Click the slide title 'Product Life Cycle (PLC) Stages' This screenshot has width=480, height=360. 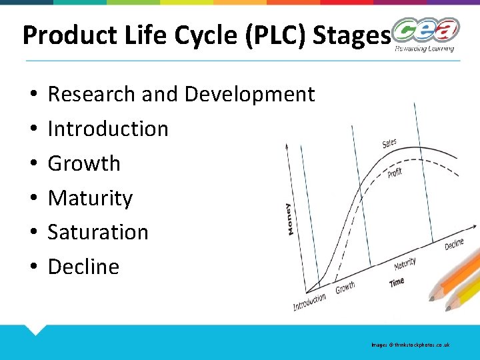(x=205, y=35)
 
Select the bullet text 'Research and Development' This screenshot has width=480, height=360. (x=181, y=95)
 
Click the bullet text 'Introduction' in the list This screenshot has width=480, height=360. (x=108, y=129)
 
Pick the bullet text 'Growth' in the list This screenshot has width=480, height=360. (x=84, y=163)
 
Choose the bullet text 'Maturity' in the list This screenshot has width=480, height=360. (x=90, y=198)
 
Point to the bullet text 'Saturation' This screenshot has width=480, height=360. (x=98, y=232)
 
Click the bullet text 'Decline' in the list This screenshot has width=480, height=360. (x=83, y=267)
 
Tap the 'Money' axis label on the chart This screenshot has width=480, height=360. (x=288, y=218)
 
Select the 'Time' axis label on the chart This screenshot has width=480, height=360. (x=397, y=282)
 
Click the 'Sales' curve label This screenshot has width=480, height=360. (x=389, y=143)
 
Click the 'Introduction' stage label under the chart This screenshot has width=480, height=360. (x=309, y=302)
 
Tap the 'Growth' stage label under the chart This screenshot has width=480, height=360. (x=345, y=288)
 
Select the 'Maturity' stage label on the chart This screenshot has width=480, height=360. (x=405, y=263)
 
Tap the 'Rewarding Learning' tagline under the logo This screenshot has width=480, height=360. (x=424, y=48)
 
